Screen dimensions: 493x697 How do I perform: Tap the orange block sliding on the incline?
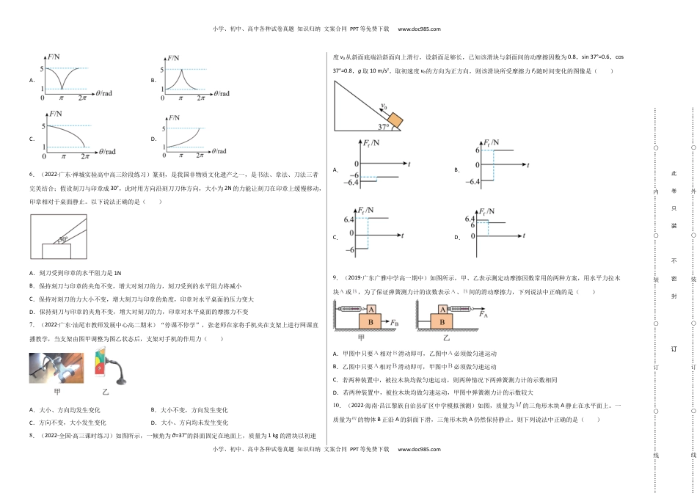coord(395,119)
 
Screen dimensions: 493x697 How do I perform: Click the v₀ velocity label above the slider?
coord(383,106)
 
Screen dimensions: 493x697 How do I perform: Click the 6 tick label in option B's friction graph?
coord(478,150)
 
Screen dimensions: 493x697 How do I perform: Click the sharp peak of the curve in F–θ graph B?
coord(181,70)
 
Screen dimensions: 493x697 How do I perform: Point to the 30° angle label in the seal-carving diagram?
coord(64,239)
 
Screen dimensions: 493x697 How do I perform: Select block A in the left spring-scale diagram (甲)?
coord(371,309)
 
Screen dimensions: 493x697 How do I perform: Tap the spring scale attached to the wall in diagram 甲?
coord(348,309)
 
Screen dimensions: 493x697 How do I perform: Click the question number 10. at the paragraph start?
coord(337,406)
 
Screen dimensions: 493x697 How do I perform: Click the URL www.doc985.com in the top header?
coord(419,29)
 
